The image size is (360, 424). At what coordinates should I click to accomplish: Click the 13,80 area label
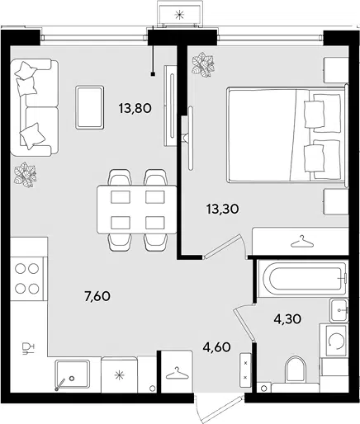135,108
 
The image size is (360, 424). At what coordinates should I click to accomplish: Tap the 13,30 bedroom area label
222,210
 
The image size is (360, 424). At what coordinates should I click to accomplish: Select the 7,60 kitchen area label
97,296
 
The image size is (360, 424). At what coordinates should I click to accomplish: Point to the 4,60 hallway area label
216,347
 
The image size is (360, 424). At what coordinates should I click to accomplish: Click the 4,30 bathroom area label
287,319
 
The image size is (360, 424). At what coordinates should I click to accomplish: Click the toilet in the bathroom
296,370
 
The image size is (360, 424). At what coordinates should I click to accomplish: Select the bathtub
302,279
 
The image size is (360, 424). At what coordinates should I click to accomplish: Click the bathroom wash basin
339,310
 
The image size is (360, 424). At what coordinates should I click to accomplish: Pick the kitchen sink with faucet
72,375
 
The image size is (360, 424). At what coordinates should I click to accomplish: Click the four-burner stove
27,279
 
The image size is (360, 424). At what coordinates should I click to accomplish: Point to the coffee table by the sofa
90,107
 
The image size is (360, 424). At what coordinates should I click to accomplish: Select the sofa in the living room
35,107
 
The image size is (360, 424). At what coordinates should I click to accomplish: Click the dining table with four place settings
137,210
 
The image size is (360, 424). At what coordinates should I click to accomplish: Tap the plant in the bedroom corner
203,64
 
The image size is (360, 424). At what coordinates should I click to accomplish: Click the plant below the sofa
26,175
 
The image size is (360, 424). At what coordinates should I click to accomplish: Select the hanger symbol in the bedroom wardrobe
302,242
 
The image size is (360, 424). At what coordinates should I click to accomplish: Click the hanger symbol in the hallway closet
178,373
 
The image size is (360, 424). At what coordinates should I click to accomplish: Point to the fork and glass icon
28,348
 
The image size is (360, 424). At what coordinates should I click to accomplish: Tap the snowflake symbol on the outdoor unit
179,15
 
